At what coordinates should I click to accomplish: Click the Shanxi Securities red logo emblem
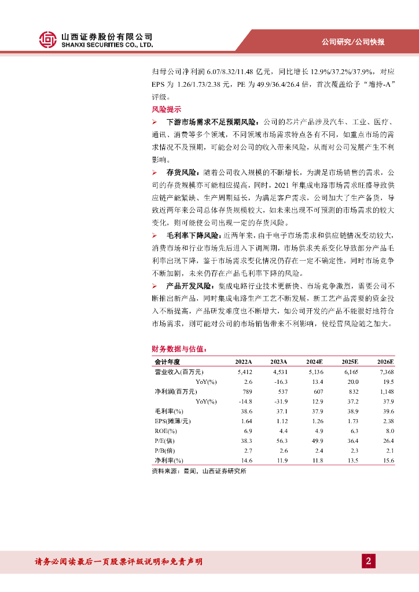(x=49, y=39)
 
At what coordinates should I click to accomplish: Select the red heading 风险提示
(x=166, y=109)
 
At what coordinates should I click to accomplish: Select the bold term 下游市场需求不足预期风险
(x=211, y=122)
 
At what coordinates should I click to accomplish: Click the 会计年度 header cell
(x=167, y=361)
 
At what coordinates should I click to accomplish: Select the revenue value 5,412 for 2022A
(x=245, y=372)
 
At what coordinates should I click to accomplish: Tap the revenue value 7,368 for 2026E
(x=385, y=372)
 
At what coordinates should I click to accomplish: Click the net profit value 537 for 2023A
(x=282, y=391)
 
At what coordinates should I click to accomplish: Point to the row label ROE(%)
(x=166, y=431)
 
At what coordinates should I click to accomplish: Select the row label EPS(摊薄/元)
(x=172, y=421)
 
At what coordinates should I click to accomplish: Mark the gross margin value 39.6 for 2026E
(x=388, y=411)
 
